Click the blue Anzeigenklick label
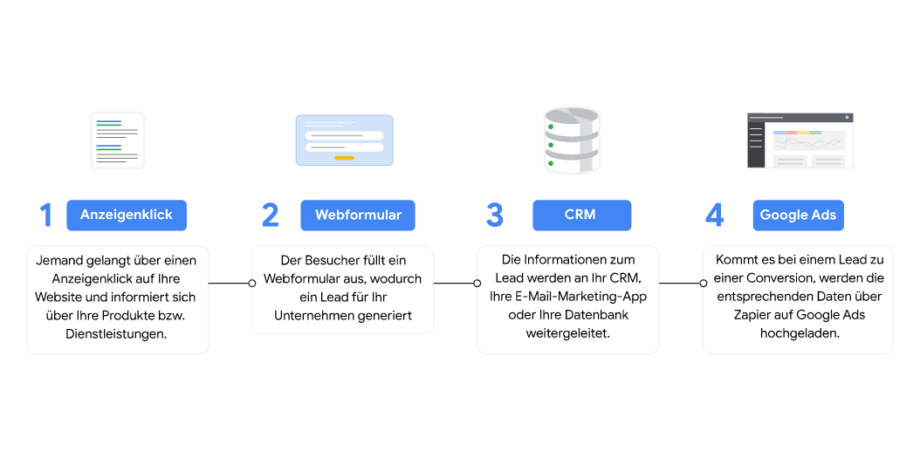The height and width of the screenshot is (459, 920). click(x=127, y=215)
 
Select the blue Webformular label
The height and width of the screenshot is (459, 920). click(x=358, y=215)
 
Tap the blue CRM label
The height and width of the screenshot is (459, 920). click(x=580, y=215)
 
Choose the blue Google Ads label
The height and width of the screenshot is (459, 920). click(x=798, y=216)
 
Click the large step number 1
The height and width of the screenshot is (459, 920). click(x=46, y=216)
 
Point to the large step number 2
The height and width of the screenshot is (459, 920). click(x=271, y=216)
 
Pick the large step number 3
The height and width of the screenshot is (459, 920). click(x=495, y=216)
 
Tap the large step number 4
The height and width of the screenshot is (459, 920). click(x=714, y=216)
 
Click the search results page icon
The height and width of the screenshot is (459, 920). click(x=118, y=140)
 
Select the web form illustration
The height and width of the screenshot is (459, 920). click(x=344, y=140)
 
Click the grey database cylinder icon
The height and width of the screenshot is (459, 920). click(x=572, y=140)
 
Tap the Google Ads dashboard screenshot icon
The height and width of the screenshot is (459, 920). click(x=800, y=140)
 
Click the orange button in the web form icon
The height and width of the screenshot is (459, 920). click(x=344, y=158)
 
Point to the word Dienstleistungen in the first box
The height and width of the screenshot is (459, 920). click(x=117, y=333)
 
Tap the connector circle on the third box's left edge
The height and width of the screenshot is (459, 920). click(x=477, y=283)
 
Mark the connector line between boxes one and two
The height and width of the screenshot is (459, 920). click(x=229, y=283)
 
